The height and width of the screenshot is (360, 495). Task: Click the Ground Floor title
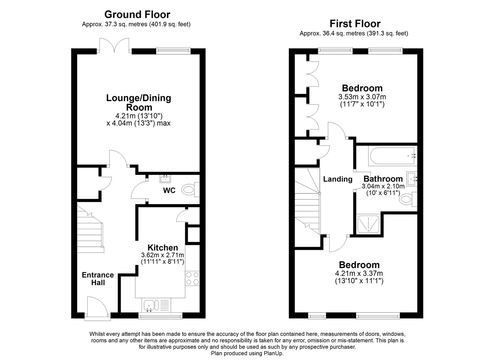tap(137, 15)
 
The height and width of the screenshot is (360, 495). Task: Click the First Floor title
tap(355, 24)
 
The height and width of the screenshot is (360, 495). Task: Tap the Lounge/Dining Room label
tap(139, 103)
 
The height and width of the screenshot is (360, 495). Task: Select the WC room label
tap(169, 191)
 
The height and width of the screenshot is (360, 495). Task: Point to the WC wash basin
tap(166, 179)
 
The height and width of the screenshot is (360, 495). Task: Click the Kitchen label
tap(162, 248)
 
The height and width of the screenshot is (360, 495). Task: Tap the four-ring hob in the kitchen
tap(192, 278)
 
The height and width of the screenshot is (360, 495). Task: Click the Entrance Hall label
tap(98, 279)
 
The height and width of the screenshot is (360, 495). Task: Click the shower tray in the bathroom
tap(367, 224)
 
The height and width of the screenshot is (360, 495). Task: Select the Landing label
tap(337, 179)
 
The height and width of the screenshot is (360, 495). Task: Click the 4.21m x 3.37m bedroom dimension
tap(359, 273)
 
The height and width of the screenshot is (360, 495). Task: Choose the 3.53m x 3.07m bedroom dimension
tap(362, 97)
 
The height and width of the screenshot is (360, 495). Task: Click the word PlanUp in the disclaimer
tap(273, 353)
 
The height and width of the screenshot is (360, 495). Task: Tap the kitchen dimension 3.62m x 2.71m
tap(162, 255)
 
